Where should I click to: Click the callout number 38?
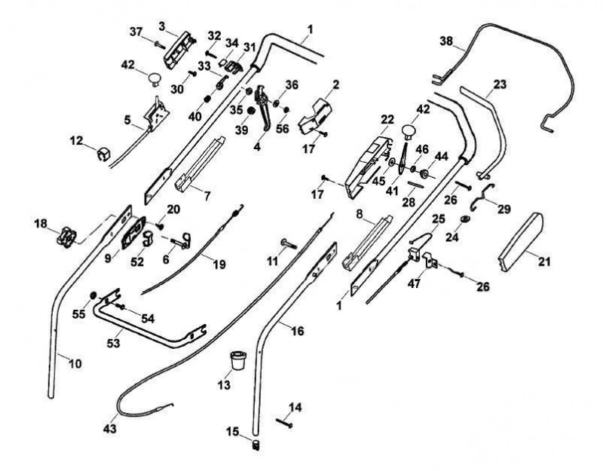click(x=446, y=41)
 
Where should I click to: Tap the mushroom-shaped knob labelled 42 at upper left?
click(x=155, y=78)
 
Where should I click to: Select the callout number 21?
click(x=543, y=261)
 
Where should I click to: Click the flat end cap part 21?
click(x=520, y=242)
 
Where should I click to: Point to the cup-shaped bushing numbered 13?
click(x=237, y=360)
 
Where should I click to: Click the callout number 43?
click(x=109, y=428)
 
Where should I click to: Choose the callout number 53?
click(x=113, y=343)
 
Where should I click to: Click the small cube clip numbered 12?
click(x=103, y=154)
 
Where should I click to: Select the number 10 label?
click(x=75, y=363)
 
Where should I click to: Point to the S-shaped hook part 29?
click(x=482, y=197)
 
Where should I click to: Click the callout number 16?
click(x=297, y=331)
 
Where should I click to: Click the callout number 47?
click(x=414, y=283)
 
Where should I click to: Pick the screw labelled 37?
click(x=159, y=44)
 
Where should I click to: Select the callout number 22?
click(x=387, y=120)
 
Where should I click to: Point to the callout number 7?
click(x=207, y=196)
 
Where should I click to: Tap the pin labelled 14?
click(x=285, y=423)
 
